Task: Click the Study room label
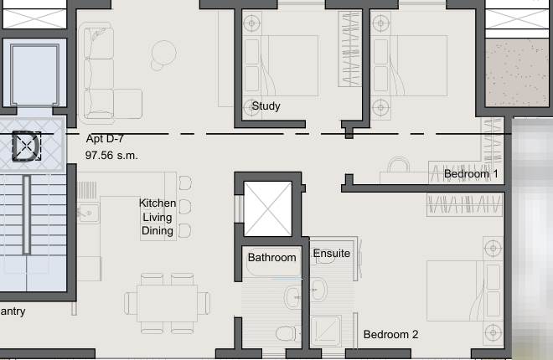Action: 266,106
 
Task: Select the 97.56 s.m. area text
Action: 111,156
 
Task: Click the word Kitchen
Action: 158,203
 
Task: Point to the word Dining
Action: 158,231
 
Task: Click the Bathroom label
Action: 271,258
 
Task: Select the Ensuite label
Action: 332,253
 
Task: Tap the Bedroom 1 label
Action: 471,174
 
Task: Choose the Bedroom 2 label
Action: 390,335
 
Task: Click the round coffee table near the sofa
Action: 163,54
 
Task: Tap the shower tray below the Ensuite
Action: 328,332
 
